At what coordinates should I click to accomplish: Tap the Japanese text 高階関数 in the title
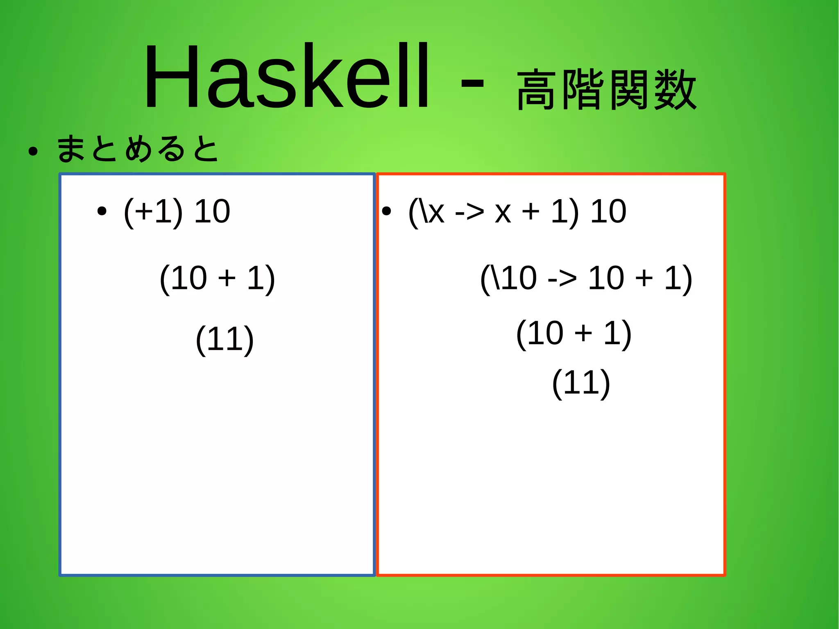coord(606,90)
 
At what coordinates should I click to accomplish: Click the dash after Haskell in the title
coord(472,84)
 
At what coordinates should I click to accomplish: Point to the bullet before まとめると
coord(33,152)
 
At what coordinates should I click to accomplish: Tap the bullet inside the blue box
coord(102,212)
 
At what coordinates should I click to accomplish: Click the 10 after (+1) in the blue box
coord(212,212)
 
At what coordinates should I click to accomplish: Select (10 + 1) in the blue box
coord(217,279)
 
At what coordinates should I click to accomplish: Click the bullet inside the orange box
coord(386,212)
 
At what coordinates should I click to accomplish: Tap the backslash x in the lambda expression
coord(433,212)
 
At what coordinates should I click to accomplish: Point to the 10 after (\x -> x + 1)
coord(608,212)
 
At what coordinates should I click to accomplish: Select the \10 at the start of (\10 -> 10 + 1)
coord(514,279)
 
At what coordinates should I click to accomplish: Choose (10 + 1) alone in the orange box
coord(574,334)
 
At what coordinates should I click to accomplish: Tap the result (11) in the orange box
coord(581,383)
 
